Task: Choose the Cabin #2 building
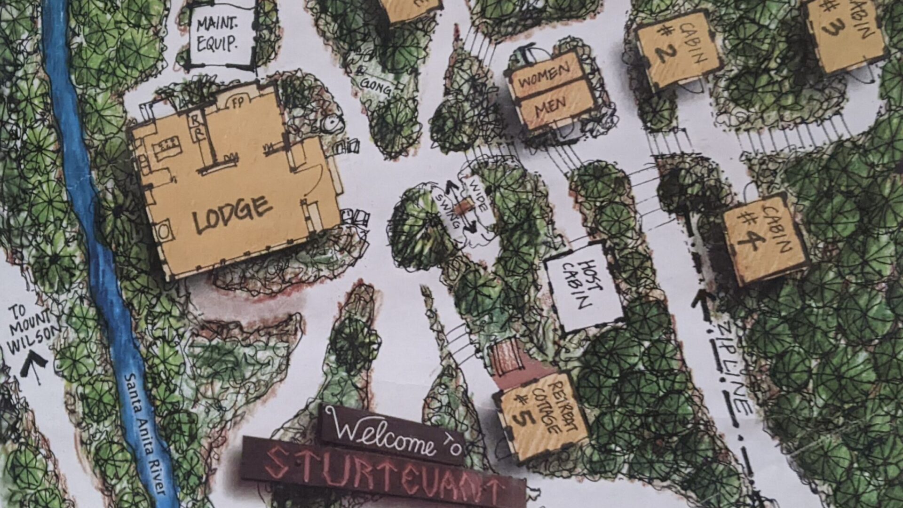pyautogui.click(x=677, y=50)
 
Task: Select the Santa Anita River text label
pyautogui.click(x=146, y=433)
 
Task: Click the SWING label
pyautogui.click(x=447, y=210)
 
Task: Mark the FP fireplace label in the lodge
pyautogui.click(x=238, y=103)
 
